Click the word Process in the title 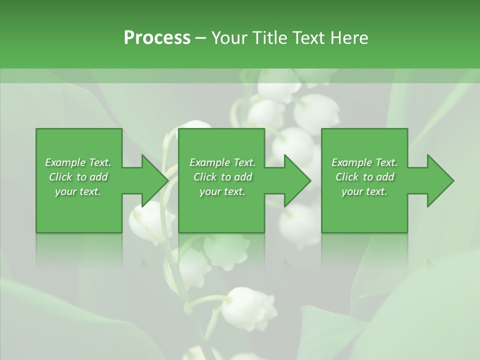coord(157,38)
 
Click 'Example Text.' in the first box coord(78,162)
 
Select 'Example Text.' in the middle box coord(222,162)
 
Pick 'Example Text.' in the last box coord(364,162)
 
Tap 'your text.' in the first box coord(78,191)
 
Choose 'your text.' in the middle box coord(222,191)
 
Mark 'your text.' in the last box coord(364,191)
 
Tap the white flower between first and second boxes coord(150,220)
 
